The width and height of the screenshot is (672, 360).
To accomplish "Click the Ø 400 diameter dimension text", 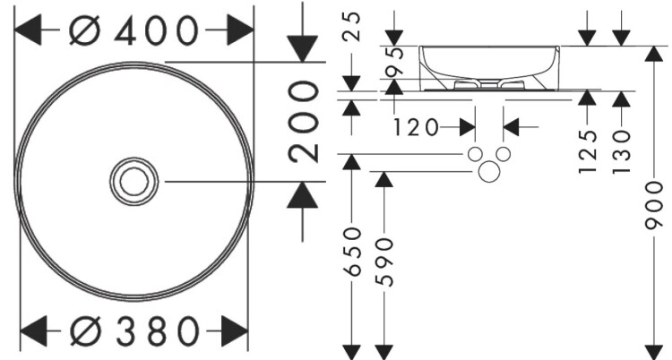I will (134, 30).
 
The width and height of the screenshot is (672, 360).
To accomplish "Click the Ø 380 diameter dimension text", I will (134, 331).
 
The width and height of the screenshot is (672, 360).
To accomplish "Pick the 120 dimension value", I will (415, 127).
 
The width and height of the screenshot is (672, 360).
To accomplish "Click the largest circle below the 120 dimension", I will (488, 171).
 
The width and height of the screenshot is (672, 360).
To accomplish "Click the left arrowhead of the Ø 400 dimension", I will (27, 31).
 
